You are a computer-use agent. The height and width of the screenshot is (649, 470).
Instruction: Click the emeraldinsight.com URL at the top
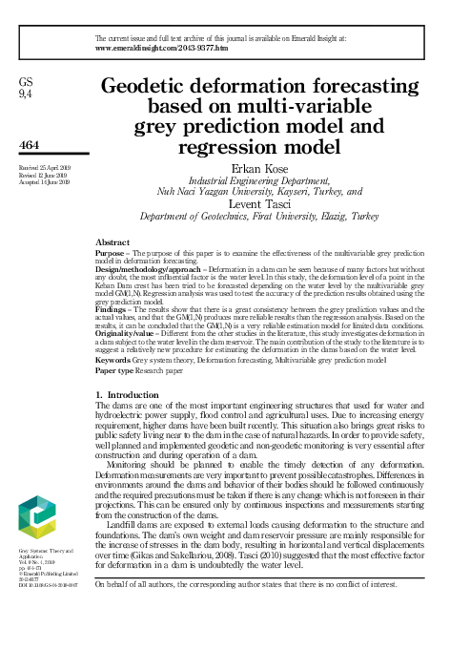pyautogui.click(x=162, y=46)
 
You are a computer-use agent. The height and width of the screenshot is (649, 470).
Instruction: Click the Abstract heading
pyautogui.click(x=115, y=242)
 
